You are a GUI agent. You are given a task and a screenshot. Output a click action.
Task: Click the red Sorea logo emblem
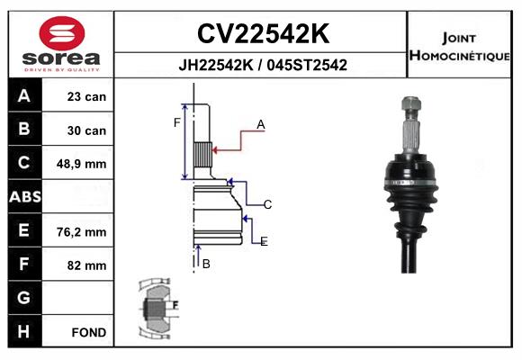pyautogui.click(x=62, y=33)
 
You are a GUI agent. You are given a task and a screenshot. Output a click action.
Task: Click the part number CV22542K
pyautogui.click(x=263, y=33)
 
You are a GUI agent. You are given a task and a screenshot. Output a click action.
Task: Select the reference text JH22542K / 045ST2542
pyautogui.click(x=263, y=65)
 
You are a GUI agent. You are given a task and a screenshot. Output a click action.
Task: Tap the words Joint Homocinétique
pyautogui.click(x=459, y=47)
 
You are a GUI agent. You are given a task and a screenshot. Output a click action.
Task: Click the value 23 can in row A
pyautogui.click(x=86, y=96)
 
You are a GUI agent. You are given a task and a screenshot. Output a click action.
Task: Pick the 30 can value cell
pyautogui.click(x=86, y=130)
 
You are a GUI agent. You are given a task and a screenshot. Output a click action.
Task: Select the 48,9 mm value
pyautogui.click(x=82, y=164)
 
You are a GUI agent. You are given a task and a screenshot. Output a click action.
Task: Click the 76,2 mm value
pyautogui.click(x=82, y=232)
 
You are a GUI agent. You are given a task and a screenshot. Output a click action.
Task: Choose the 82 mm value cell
pyautogui.click(x=87, y=265)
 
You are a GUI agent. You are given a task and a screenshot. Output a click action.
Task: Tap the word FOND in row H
pyautogui.click(x=89, y=332)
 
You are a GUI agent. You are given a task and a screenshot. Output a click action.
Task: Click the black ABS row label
pyautogui.click(x=25, y=196)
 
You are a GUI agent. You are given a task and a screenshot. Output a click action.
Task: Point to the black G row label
pyautogui.click(x=24, y=297)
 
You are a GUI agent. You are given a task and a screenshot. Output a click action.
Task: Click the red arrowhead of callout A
pyautogui.click(x=215, y=150)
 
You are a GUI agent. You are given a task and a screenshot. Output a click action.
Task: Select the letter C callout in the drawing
pyautogui.click(x=267, y=204)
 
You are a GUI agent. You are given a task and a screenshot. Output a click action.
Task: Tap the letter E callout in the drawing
pyautogui.click(x=264, y=241)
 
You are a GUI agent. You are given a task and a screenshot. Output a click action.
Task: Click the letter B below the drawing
pyautogui.click(x=206, y=264)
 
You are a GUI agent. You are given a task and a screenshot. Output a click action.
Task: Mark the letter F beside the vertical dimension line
pyautogui.click(x=176, y=122)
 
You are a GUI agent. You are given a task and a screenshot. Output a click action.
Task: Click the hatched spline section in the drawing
pyautogui.click(x=202, y=155)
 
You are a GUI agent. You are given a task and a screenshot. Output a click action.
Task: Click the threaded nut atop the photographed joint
pyautogui.click(x=411, y=103)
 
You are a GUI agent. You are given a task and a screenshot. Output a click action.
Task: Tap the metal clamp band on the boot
pyautogui.click(x=410, y=183)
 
